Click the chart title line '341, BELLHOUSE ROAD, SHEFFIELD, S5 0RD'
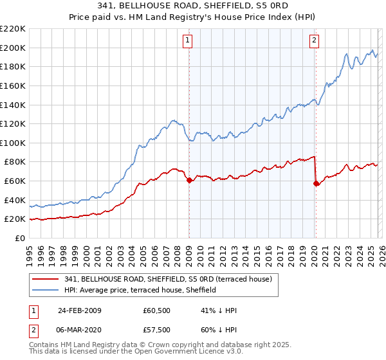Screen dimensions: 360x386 click(193, 6)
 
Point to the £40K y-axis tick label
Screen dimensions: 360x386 click(14, 200)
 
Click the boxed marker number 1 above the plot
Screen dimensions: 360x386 click(188, 41)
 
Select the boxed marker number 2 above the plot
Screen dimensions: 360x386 click(314, 41)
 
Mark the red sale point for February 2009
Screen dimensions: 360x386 click(189, 181)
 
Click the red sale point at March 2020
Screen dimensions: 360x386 click(316, 184)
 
